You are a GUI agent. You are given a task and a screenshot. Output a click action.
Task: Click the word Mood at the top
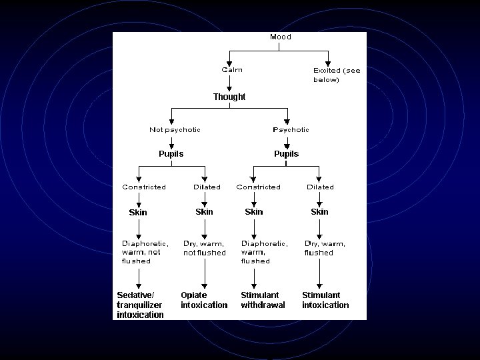pos(280,37)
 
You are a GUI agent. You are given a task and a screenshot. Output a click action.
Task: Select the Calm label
pos(232,69)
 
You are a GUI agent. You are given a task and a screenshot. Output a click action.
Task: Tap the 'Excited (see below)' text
pos(336,74)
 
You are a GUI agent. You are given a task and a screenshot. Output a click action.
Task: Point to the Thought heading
pos(229,97)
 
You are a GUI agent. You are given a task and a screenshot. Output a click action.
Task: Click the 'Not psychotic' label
pos(175,130)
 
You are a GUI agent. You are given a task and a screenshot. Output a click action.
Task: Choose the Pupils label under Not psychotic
pos(171,154)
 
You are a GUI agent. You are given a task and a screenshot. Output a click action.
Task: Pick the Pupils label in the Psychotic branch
pos(287,154)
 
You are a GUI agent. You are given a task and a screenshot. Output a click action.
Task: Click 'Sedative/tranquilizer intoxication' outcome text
pos(141,305)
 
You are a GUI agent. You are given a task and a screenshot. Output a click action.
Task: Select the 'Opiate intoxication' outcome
pos(204,300)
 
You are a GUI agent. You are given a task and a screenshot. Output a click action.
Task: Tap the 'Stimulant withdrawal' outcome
pos(263,300)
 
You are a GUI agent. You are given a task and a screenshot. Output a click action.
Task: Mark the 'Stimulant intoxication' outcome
pos(325,300)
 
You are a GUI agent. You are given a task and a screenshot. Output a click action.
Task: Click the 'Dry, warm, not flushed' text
pos(205,248)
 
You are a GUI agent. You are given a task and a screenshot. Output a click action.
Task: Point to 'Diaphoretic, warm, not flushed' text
pos(145,252)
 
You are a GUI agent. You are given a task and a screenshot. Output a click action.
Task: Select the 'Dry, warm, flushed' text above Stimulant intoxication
pos(325,248)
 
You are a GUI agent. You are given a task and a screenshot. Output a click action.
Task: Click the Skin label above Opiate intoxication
pos(205,212)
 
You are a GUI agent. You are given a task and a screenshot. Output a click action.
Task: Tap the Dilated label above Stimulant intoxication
pos(320,187)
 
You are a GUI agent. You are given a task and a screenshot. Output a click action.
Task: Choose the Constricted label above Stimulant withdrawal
pos(259,187)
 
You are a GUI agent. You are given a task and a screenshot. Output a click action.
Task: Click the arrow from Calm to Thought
pos(229,83)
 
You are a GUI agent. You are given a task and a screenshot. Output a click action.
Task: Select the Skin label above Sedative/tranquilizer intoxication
pos(138,213)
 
